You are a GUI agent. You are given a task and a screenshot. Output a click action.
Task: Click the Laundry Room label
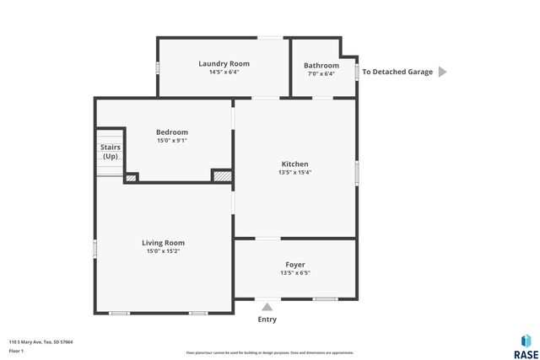click(224, 63)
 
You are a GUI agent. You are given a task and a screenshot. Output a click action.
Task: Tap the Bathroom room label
click(321, 66)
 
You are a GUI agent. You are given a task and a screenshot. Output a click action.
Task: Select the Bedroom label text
click(172, 132)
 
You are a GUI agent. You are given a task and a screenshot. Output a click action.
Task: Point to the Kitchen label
click(294, 164)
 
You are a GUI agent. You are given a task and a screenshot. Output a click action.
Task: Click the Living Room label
click(163, 243)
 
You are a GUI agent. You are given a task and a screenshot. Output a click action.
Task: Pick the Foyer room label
click(294, 265)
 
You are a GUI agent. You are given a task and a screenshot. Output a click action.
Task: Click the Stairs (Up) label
click(111, 152)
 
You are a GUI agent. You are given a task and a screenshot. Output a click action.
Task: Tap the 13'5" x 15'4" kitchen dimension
click(294, 173)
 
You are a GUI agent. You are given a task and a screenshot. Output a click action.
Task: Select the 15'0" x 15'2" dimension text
click(163, 251)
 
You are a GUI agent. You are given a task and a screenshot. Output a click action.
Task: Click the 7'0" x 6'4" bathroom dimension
click(321, 74)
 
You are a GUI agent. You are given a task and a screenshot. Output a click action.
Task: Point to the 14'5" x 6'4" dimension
click(224, 72)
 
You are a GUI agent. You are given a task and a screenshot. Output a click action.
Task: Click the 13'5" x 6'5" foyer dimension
click(294, 273)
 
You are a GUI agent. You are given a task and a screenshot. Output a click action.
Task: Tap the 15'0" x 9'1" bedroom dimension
click(172, 141)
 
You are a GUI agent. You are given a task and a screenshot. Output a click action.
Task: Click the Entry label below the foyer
click(267, 320)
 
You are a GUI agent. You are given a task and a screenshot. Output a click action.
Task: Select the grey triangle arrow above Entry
click(267, 307)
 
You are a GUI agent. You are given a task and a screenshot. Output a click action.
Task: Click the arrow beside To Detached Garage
click(442, 72)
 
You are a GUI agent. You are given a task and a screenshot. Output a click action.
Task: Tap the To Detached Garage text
click(397, 72)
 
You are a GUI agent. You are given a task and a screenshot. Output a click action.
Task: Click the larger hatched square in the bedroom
click(222, 176)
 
